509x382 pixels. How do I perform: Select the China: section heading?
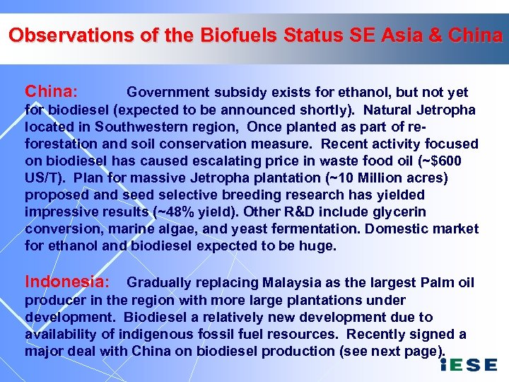pyautogui.click(x=51, y=92)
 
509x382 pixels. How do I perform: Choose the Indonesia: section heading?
pyautogui.click(x=67, y=282)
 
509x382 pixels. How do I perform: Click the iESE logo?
pyautogui.click(x=468, y=365)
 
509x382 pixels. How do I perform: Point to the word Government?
pyautogui.click(x=168, y=93)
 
